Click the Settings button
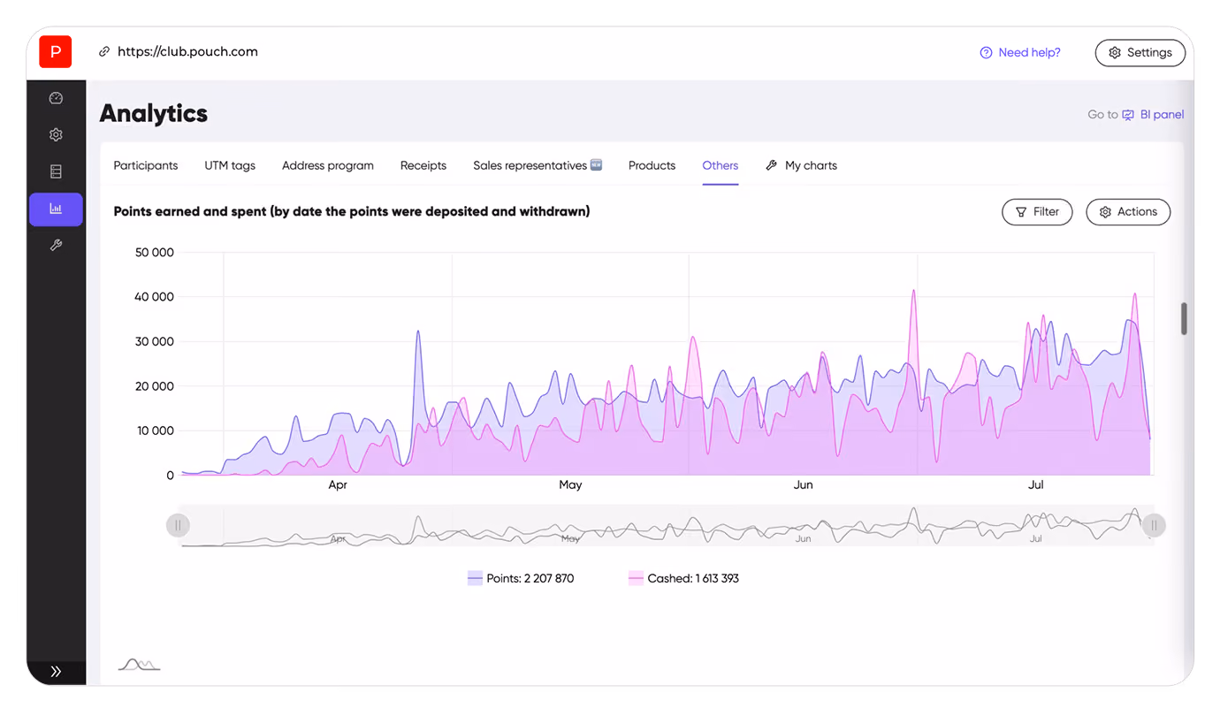pos(1140,53)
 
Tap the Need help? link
pos(1020,53)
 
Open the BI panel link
pos(1153,115)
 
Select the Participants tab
pos(145,165)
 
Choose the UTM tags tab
pos(230,165)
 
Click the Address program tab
pos(328,165)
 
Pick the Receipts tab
pos(423,165)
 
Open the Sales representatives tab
pos(538,165)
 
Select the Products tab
pos(652,165)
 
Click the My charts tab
pos(801,165)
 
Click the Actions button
pos(1128,212)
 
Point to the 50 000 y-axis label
pos(154,253)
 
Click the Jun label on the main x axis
pos(803,484)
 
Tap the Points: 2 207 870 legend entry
pos(521,578)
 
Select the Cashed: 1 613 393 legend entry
pos(683,578)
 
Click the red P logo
pos(55,52)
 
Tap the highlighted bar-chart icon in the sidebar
pos(56,209)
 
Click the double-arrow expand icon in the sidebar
pos(56,671)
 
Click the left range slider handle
pos(178,525)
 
